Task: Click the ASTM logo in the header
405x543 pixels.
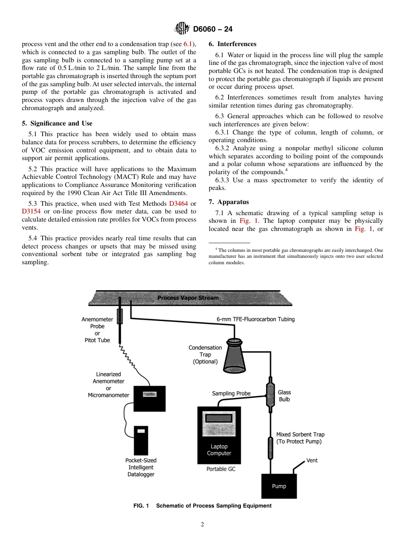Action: click(182, 29)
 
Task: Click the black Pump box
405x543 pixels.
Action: click(279, 486)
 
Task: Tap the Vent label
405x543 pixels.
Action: click(312, 461)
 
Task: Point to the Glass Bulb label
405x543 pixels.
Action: click(284, 396)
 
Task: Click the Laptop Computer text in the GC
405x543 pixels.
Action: click(219, 450)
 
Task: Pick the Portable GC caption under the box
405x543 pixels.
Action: click(221, 469)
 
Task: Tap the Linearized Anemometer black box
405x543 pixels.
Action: click(150, 399)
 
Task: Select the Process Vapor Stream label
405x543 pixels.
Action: click(188, 298)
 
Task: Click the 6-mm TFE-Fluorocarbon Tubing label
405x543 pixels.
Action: click(255, 319)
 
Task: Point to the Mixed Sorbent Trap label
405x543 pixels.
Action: click(300, 438)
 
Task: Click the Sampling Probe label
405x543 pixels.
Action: click(231, 393)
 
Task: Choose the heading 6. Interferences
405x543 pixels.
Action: click(232, 44)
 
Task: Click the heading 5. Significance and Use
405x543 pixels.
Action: click(57, 123)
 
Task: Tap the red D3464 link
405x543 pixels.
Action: click(178, 204)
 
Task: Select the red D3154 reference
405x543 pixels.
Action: click(31, 212)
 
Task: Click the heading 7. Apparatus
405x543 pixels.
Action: click(229, 202)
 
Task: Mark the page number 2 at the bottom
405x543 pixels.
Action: click(202, 525)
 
